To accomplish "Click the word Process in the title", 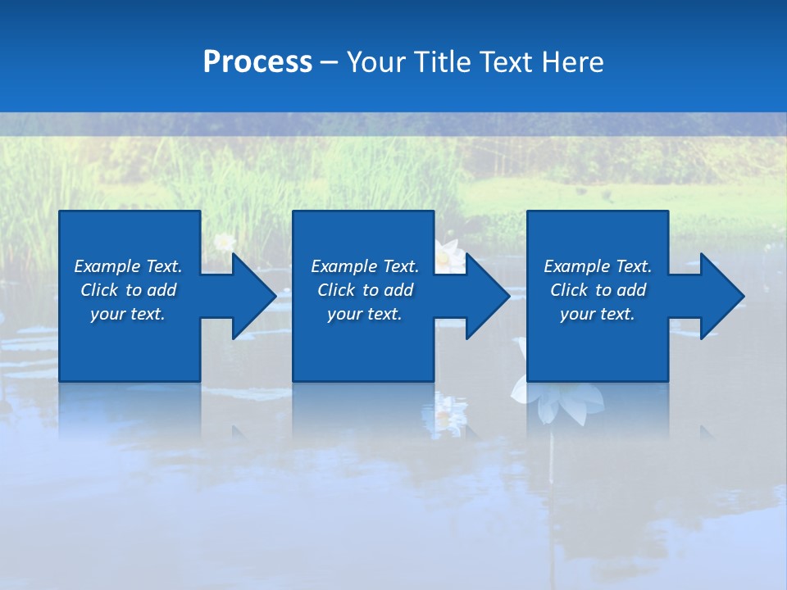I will [x=257, y=62].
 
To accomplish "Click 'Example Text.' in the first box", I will [x=128, y=266].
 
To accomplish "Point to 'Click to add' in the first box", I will [x=128, y=290].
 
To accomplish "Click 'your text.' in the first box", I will [x=128, y=314].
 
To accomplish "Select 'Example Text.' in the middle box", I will [x=365, y=266].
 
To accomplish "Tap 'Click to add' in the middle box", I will [x=365, y=290].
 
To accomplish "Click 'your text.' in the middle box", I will [x=365, y=314].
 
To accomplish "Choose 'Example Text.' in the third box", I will [x=598, y=266].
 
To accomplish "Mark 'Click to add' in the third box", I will [x=598, y=290].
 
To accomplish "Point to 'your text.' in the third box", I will [x=598, y=314].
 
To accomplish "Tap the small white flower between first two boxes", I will [x=224, y=243].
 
